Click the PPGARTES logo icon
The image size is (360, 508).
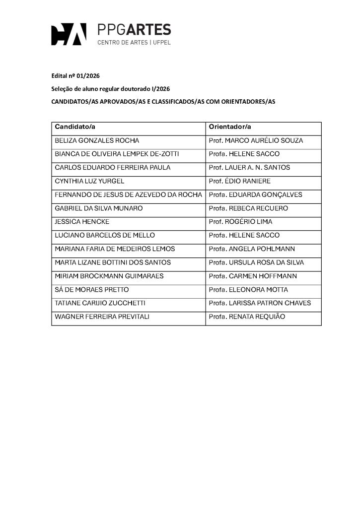[x=69, y=34]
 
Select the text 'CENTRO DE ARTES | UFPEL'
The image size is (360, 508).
[x=134, y=43]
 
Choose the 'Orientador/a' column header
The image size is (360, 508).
[x=230, y=127]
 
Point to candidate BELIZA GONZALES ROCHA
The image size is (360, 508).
[x=97, y=140]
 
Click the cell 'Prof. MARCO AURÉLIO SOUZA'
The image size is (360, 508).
[x=256, y=140]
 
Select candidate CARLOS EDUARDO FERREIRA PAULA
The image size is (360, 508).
[x=112, y=168]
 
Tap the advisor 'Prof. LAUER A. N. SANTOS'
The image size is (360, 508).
[x=249, y=168]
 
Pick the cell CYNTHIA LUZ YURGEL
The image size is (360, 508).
[x=89, y=181]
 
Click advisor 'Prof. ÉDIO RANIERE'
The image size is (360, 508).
[x=240, y=181]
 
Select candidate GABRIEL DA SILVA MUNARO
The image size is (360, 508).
[x=98, y=208]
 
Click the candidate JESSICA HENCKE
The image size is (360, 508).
[x=82, y=222]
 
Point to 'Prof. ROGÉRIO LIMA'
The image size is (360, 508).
[x=240, y=222]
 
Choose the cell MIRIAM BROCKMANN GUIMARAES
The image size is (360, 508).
[x=109, y=276]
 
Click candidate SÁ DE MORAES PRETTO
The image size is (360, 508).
[x=92, y=290]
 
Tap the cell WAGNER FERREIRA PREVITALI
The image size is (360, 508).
[x=102, y=317]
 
